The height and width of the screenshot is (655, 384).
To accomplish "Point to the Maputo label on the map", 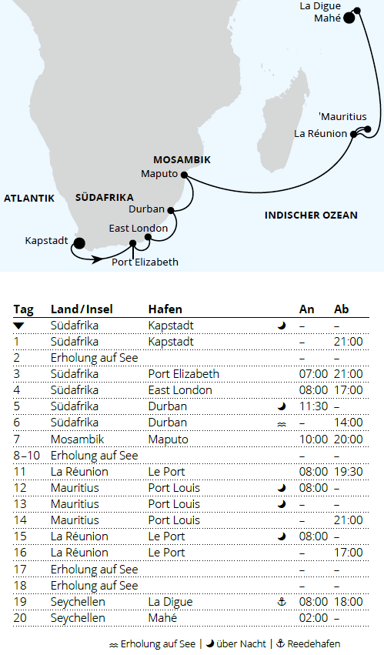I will click(x=159, y=174).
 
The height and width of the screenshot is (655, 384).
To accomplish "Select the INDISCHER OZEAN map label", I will click(x=311, y=216).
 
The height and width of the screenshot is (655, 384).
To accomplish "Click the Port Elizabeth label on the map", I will click(x=145, y=262).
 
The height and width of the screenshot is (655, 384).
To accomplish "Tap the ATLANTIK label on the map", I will click(x=29, y=198).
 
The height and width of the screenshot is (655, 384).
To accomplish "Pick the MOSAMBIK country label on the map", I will click(x=182, y=159).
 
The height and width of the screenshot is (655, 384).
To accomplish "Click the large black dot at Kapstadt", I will click(x=78, y=243).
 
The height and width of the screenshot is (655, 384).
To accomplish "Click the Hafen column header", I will click(x=165, y=309).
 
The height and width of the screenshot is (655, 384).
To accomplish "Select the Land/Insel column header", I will click(x=82, y=309).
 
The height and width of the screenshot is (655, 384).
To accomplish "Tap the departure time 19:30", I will click(x=347, y=471).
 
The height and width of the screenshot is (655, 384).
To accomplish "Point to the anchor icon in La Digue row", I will click(x=281, y=601).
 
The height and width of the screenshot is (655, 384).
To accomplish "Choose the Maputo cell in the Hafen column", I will click(x=168, y=439).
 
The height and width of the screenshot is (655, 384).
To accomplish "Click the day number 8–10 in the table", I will click(x=26, y=455).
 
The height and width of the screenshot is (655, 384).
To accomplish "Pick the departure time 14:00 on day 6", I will click(x=347, y=423).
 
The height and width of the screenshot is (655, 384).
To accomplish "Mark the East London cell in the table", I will click(x=180, y=390).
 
